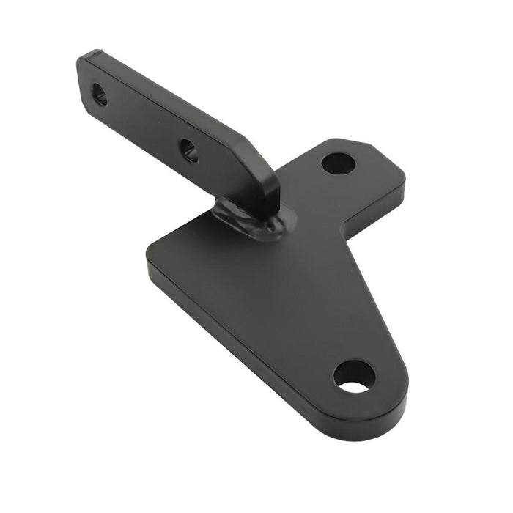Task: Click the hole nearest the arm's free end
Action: [99, 94]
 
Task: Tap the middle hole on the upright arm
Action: [188, 150]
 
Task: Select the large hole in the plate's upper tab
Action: [338, 163]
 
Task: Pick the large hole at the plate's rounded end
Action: [355, 376]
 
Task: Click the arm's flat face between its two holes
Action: [143, 122]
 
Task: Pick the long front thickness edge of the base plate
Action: [242, 344]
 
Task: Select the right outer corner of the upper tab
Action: [402, 176]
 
